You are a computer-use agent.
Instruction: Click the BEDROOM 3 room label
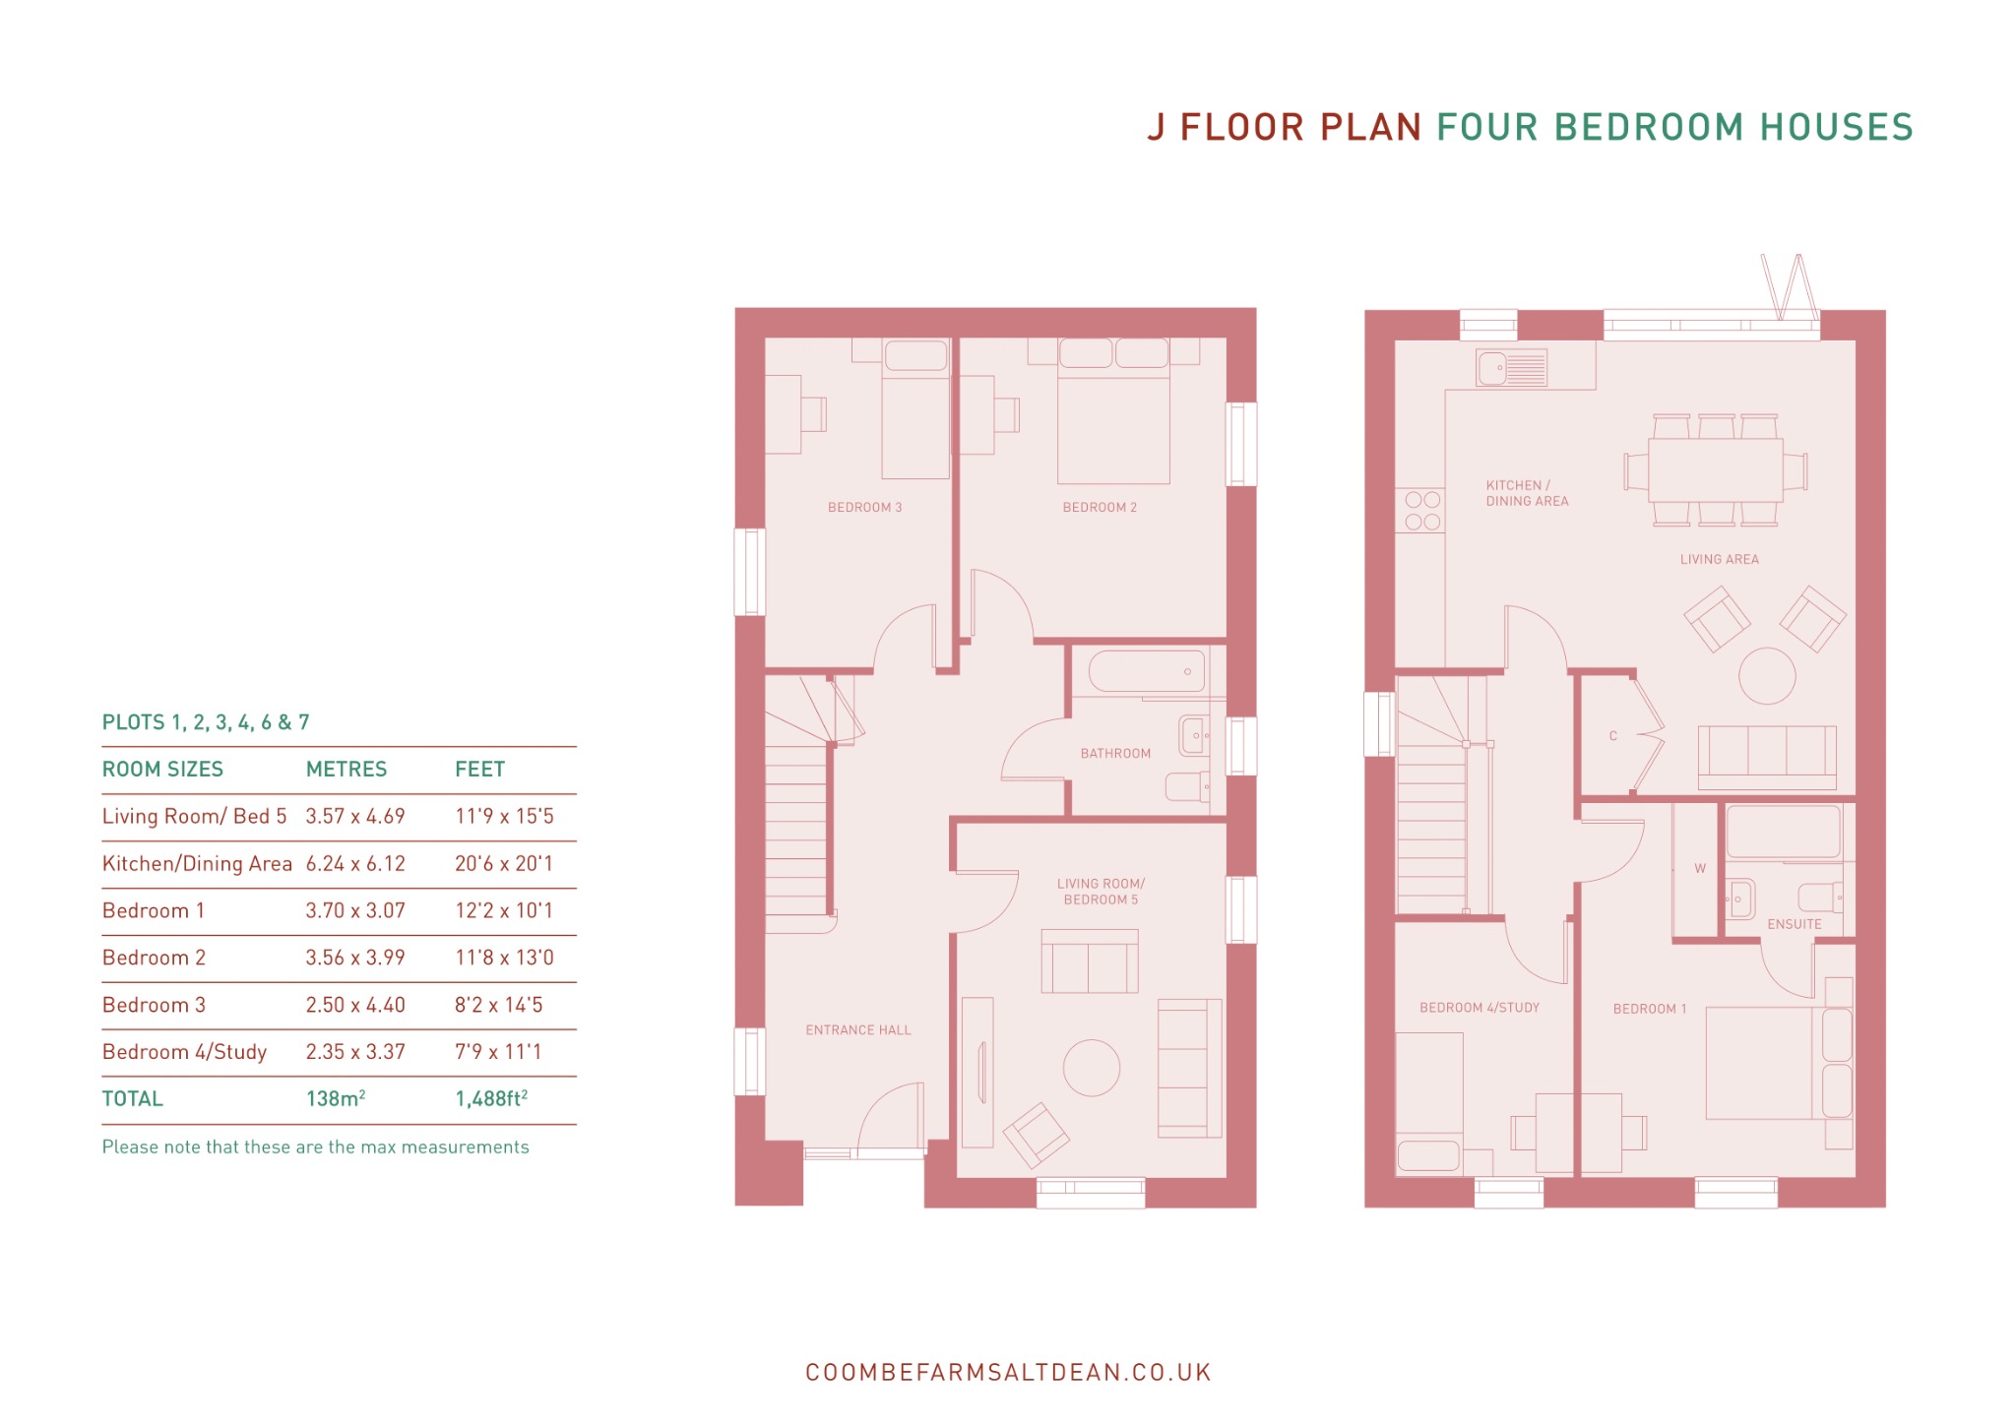(864, 507)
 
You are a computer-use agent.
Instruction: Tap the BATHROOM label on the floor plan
(1115, 753)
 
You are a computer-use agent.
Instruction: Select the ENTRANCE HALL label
(858, 1029)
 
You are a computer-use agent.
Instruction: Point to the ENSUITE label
(1795, 924)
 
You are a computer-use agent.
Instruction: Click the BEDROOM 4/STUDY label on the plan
(1480, 1008)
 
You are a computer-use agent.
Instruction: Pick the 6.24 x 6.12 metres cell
(355, 863)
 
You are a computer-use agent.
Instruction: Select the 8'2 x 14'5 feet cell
(499, 1005)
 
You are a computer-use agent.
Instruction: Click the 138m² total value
(336, 1098)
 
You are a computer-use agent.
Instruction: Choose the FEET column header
(479, 769)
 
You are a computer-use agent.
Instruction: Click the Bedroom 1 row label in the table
(154, 910)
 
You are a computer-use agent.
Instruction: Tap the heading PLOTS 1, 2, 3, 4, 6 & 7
(206, 722)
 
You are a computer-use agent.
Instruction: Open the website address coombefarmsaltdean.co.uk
(1008, 1372)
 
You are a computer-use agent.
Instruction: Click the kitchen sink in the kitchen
(1511, 368)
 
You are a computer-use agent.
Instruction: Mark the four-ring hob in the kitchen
(1421, 511)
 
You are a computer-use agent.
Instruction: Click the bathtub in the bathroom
(1147, 671)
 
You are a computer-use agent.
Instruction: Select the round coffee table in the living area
(1767, 676)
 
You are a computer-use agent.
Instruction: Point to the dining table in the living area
(1715, 469)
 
